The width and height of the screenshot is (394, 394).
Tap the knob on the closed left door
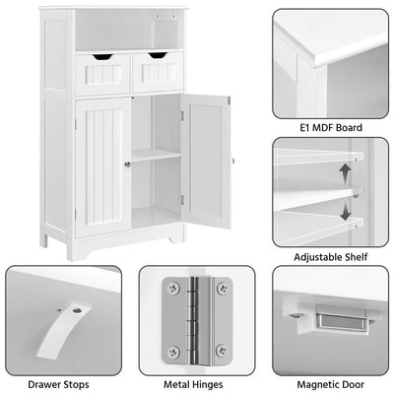click(127, 164)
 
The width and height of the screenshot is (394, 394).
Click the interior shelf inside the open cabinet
click(156, 155)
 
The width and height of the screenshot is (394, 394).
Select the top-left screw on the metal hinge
click(173, 287)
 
